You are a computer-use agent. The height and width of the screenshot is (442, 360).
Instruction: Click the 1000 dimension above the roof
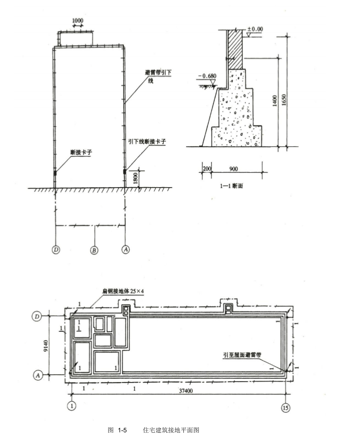(x=77, y=21)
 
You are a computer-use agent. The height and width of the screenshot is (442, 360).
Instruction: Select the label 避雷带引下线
(x=158, y=76)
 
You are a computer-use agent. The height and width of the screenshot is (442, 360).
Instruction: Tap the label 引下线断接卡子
(x=147, y=141)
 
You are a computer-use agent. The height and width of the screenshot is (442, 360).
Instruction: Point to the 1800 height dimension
(x=135, y=178)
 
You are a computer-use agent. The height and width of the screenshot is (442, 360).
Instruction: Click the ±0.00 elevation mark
(x=255, y=29)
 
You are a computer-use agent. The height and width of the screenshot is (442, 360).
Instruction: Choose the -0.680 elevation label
(x=207, y=76)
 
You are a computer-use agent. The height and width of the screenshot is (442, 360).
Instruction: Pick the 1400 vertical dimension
(x=274, y=101)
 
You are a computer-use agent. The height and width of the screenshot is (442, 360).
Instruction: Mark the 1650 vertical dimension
(x=284, y=100)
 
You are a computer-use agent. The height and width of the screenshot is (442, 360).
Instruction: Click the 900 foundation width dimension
(x=233, y=169)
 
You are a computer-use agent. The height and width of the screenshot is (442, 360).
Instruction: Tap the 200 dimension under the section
(x=207, y=169)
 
